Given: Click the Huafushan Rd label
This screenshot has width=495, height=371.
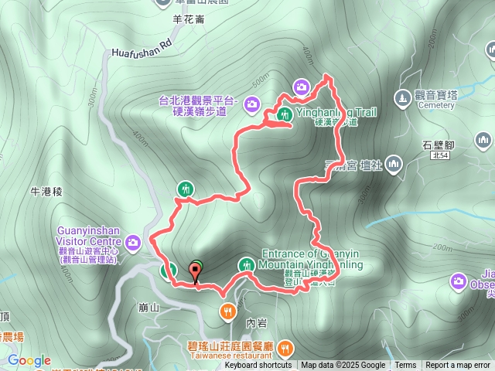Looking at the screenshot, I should [x=141, y=49].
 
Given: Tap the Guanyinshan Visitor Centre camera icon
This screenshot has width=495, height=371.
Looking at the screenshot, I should [x=133, y=243].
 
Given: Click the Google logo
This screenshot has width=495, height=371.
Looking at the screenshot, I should [x=29, y=360].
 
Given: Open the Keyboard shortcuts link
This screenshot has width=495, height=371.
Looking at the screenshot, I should [x=258, y=366].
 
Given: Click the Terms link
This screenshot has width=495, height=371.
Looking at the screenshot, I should [x=405, y=366].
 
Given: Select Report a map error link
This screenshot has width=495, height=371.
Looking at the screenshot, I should [x=458, y=366].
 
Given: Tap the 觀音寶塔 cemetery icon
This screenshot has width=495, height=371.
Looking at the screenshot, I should [x=401, y=98].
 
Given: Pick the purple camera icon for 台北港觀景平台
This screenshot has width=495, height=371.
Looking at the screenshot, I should [x=251, y=104].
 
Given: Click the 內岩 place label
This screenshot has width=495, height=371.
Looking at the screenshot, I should [x=255, y=322].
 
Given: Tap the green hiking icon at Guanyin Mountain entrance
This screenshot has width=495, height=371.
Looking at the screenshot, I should [x=247, y=264].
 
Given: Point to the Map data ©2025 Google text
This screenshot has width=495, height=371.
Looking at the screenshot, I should [x=343, y=366].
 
